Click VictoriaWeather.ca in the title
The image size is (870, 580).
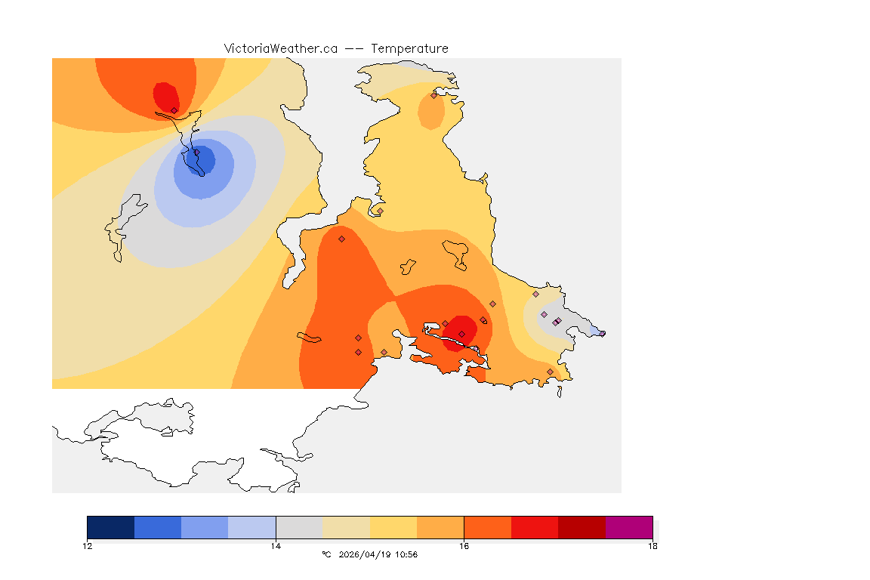[280, 48]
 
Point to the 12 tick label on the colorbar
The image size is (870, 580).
[87, 545]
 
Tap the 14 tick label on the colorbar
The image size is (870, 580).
[276, 545]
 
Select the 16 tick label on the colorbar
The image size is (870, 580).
[464, 545]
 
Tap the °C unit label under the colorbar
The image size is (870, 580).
[326, 555]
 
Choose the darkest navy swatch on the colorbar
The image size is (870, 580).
[110, 527]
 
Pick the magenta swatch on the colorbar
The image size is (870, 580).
[629, 527]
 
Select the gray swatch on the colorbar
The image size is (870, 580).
[299, 527]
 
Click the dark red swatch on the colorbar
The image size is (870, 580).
[582, 527]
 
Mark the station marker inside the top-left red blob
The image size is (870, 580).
[174, 110]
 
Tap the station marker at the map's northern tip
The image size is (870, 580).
[433, 95]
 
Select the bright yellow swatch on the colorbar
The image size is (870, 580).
[393, 527]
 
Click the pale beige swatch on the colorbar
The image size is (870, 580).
[346, 527]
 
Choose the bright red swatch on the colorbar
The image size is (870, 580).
[535, 527]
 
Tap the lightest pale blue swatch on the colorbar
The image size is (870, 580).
[251, 527]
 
